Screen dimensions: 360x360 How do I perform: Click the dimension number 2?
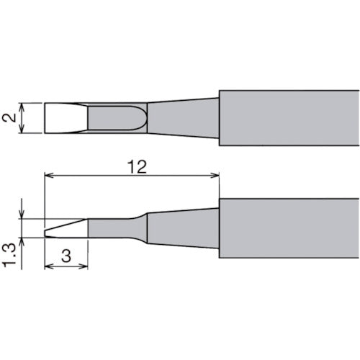click(9, 118)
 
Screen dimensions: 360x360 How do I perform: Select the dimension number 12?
click(137, 166)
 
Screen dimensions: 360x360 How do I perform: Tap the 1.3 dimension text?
click(9, 255)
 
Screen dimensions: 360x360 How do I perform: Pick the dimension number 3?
click(66, 256)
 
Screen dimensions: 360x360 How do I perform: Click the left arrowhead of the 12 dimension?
click(49, 176)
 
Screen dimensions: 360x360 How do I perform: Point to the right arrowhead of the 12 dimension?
click(215, 176)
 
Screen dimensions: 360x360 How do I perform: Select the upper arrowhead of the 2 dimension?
click(22, 107)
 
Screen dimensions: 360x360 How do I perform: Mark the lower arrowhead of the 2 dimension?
click(22, 128)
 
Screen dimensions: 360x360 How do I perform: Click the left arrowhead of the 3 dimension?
click(49, 266)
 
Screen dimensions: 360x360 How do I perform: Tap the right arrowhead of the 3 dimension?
click(84, 266)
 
